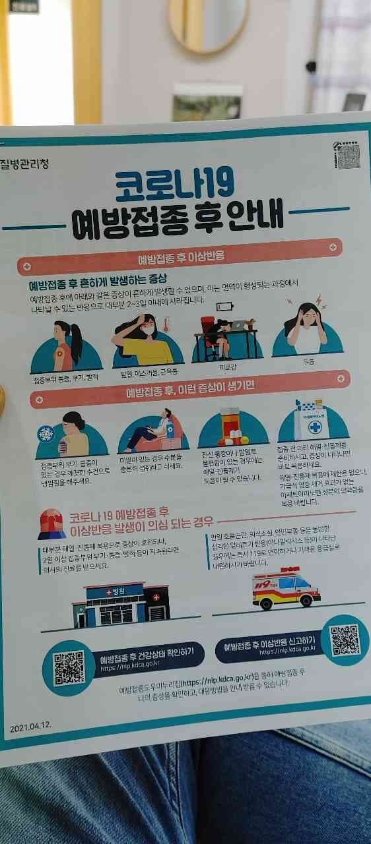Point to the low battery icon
point(224,307)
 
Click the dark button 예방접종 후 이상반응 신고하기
point(269,644)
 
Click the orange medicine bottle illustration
point(229,425)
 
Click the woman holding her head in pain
point(306,328)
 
